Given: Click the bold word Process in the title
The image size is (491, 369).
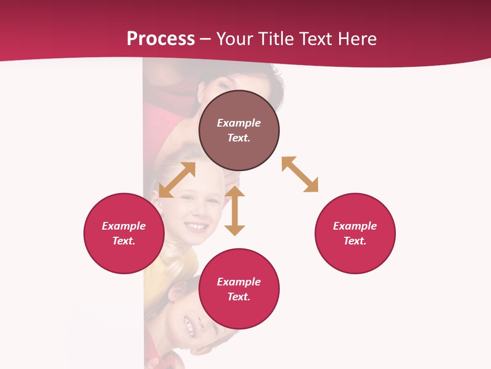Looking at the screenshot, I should [161, 39].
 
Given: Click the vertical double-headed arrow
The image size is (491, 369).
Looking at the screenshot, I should [235, 211].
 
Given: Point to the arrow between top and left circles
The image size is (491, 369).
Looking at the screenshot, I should [177, 180].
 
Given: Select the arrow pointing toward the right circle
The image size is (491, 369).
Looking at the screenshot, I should [300, 174].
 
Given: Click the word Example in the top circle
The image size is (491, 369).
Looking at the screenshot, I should [239, 123].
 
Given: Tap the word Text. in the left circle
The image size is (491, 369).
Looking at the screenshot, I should [124, 241].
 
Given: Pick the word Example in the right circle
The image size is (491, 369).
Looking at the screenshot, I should [355, 226].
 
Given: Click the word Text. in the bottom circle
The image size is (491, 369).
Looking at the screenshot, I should [239, 297].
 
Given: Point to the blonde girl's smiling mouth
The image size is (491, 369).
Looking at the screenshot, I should [196, 226].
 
